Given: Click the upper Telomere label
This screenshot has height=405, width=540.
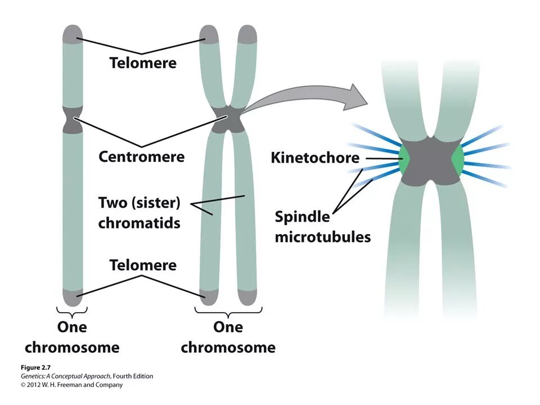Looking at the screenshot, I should (143, 62).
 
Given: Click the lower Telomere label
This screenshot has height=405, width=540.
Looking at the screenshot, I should (143, 264).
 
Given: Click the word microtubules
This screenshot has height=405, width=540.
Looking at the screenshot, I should (323, 236).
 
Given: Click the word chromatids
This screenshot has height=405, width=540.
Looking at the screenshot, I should (139, 223).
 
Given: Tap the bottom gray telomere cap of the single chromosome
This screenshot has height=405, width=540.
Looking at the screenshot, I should (73, 296).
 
